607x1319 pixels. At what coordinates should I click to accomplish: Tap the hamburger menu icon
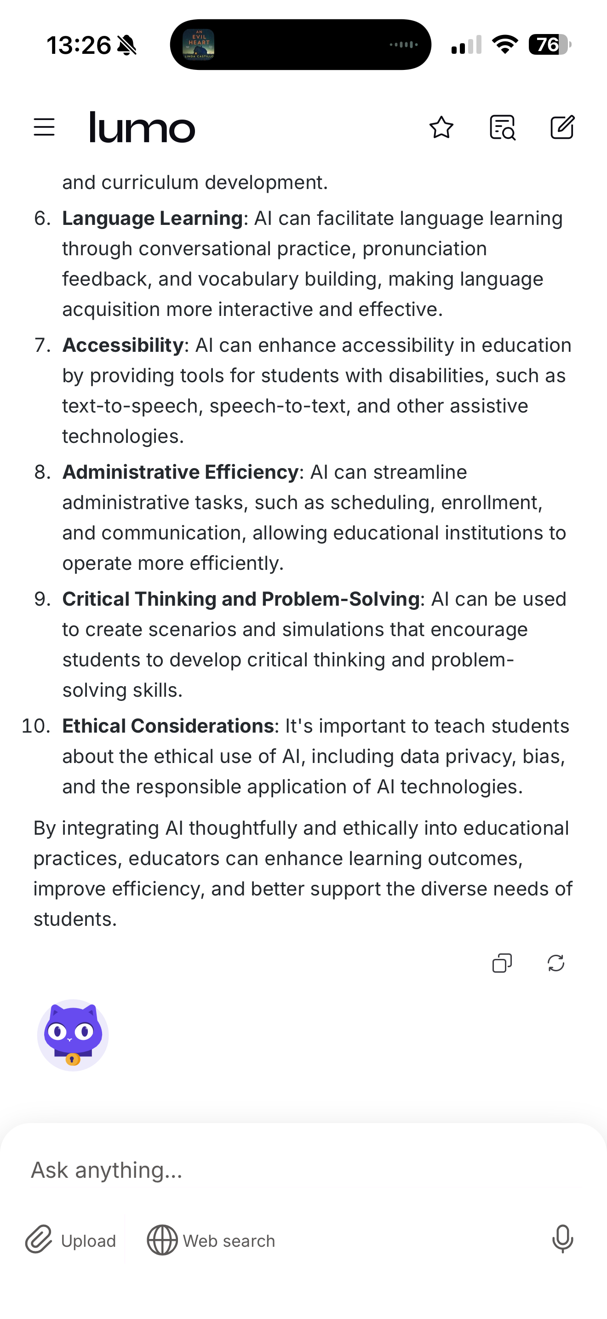[x=44, y=127]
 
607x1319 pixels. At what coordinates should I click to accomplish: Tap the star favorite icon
[x=441, y=127]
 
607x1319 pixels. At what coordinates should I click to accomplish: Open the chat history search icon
[x=502, y=127]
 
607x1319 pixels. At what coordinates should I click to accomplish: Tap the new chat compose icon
[x=562, y=127]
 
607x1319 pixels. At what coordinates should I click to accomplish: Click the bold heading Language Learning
[x=153, y=218]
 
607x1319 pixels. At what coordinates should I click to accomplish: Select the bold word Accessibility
[x=123, y=345]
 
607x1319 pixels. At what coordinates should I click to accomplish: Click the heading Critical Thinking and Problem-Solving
[x=241, y=599]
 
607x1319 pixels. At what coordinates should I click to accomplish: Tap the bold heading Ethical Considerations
[x=168, y=726]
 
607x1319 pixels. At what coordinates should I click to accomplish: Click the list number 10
[x=36, y=726]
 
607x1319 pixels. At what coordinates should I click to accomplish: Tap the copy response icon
[x=502, y=963]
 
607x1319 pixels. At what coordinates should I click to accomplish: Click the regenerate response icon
[x=556, y=963]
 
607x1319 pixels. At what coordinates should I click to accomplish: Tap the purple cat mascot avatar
[x=73, y=1035]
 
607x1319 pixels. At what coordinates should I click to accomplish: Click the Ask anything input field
[x=302, y=1170]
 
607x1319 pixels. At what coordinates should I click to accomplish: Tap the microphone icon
[x=562, y=1239]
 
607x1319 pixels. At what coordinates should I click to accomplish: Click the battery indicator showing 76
[x=549, y=45]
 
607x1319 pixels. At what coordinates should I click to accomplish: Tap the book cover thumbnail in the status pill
[x=199, y=45]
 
